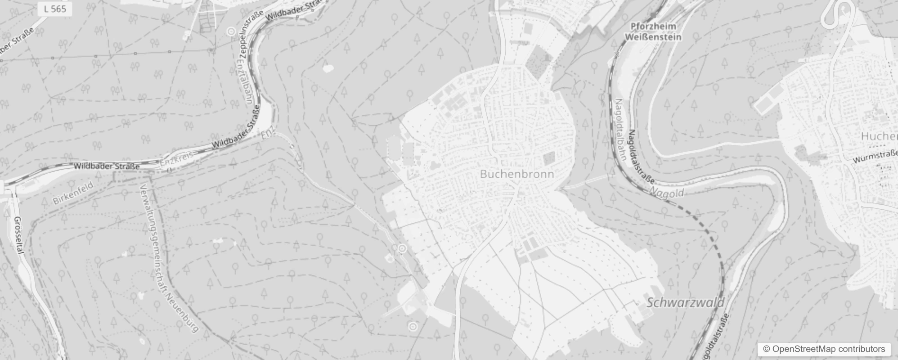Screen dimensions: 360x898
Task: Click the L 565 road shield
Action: (x=56, y=9)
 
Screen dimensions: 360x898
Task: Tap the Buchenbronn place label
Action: (x=517, y=174)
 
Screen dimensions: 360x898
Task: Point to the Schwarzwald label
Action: (x=685, y=302)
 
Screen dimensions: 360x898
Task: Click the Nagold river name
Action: (x=666, y=193)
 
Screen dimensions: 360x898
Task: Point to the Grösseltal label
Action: (x=18, y=235)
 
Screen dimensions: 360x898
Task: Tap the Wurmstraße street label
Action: (x=875, y=157)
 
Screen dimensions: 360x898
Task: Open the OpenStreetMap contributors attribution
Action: (x=824, y=349)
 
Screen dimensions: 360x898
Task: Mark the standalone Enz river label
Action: (x=268, y=134)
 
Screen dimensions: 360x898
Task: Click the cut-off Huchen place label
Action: (x=879, y=136)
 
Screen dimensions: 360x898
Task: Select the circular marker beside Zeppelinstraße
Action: (x=231, y=31)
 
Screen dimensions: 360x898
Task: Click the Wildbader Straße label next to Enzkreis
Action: (x=107, y=166)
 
